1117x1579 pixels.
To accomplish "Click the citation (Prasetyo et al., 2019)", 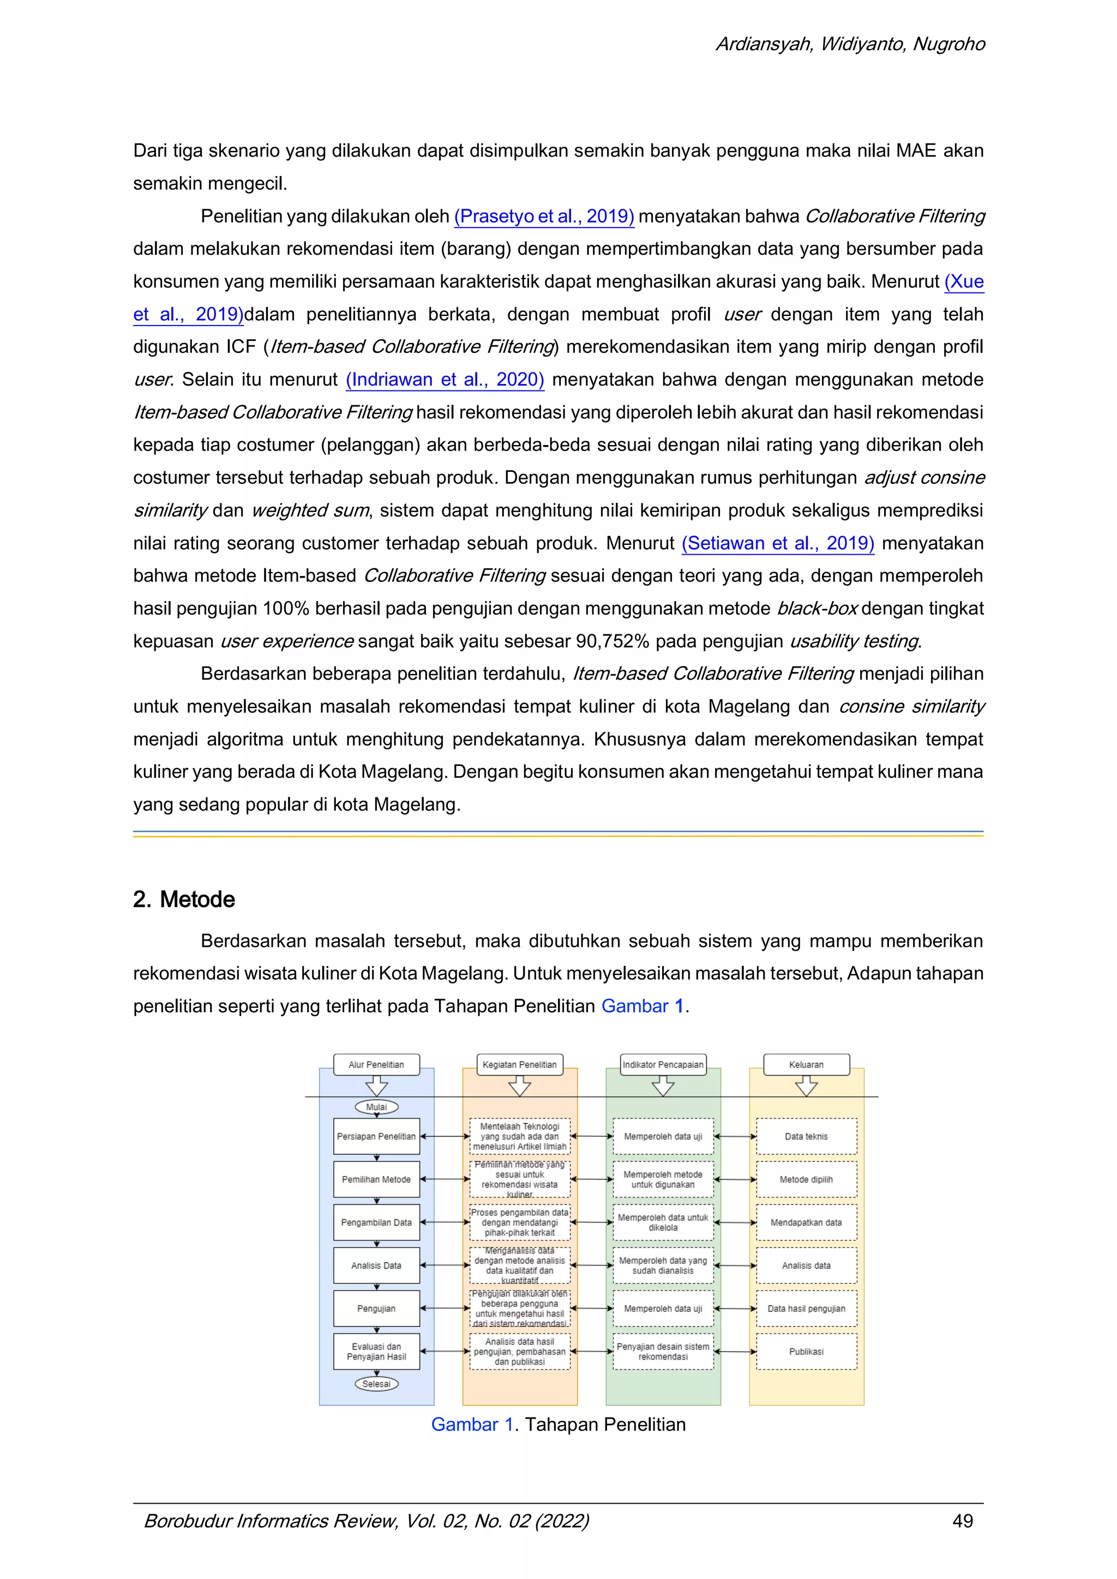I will (x=543, y=216).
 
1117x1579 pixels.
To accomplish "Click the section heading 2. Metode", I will (x=184, y=899).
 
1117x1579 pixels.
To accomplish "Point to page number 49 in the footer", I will (x=962, y=1521).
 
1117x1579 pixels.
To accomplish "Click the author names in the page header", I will (x=850, y=44).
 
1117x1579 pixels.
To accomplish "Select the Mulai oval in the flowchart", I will (x=376, y=1107).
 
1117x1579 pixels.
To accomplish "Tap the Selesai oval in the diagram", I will (x=376, y=1383).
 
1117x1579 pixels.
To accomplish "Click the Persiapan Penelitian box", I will (x=376, y=1136).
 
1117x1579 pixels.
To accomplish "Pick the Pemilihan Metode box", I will (x=376, y=1179).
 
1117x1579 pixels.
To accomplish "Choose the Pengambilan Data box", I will (x=376, y=1222).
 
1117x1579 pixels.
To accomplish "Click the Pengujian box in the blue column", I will (x=376, y=1308).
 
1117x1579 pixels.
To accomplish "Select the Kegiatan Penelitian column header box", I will (x=519, y=1064).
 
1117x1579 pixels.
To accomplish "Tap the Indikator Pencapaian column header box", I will (x=663, y=1064).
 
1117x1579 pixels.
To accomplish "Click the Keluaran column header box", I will (x=806, y=1064).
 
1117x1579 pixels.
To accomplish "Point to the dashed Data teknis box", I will (x=806, y=1136).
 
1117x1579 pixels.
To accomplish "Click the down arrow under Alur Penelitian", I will (x=376, y=1086).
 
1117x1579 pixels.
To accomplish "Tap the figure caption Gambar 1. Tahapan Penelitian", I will (x=558, y=1424).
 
